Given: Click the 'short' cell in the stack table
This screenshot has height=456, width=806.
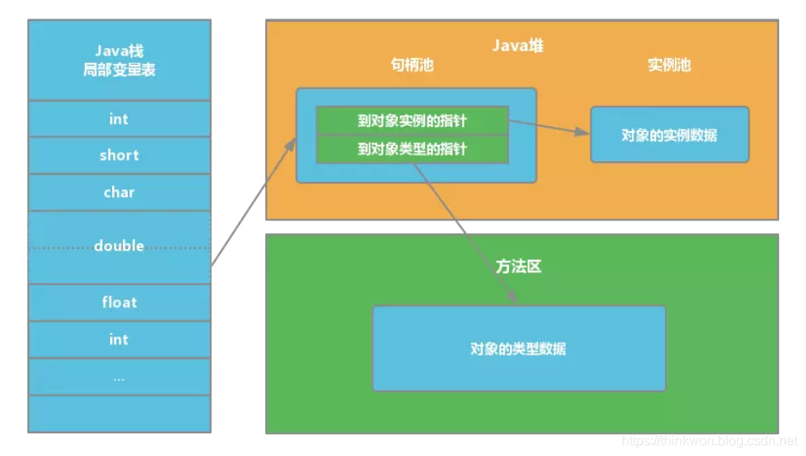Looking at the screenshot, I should point(119,156).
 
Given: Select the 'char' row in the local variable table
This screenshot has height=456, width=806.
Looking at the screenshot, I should point(119,193).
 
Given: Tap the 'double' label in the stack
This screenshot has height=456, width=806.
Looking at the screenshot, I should point(119,246).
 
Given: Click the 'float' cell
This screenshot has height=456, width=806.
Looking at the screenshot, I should point(119,302).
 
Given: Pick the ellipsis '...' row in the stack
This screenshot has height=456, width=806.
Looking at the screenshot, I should point(119,378).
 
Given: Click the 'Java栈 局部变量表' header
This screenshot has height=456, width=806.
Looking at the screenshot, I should point(119,61).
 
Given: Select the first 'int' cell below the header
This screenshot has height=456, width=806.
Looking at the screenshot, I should point(119,119).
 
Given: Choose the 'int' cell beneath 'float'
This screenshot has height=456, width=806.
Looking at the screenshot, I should point(119,339).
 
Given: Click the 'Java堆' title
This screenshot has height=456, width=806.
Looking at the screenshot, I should point(518,45).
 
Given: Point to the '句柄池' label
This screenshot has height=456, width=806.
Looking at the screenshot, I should point(412,65).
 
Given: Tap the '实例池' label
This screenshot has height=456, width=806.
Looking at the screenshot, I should point(669,65).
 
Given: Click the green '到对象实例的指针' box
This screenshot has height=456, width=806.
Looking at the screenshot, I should point(411,120).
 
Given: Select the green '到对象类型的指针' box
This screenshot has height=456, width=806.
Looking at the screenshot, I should point(411,149).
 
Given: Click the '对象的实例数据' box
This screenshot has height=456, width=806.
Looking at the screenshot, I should point(669,135).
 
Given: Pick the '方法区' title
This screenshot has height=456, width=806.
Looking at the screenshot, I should point(518,267).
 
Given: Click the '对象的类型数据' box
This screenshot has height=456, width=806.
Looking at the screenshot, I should point(518,348).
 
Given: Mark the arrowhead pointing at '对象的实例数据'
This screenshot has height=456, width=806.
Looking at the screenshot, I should point(583,133).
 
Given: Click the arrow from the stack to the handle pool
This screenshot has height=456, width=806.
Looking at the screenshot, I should point(252,203).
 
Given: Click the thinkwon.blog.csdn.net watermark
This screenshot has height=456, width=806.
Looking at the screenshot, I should point(708,441).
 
